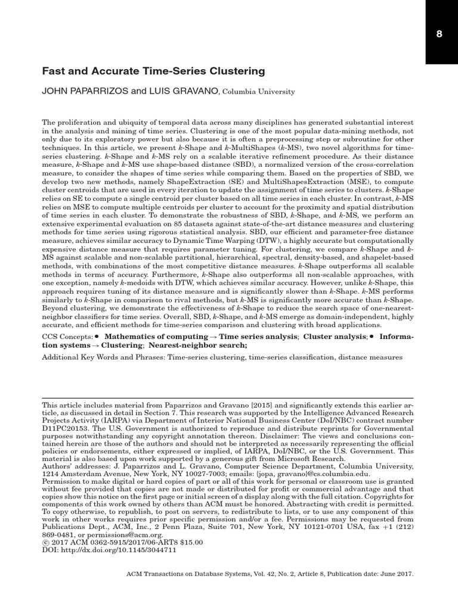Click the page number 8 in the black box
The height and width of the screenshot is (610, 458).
440,34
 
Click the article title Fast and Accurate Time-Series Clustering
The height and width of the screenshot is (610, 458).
153,71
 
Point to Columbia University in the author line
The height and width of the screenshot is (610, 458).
259,92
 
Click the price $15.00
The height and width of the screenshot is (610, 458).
190,542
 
